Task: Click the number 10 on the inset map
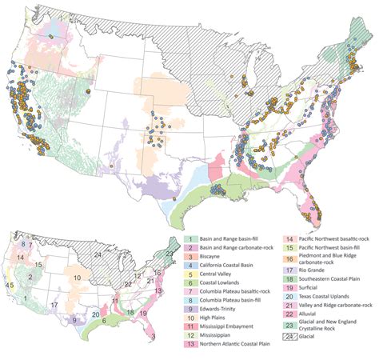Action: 78,278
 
